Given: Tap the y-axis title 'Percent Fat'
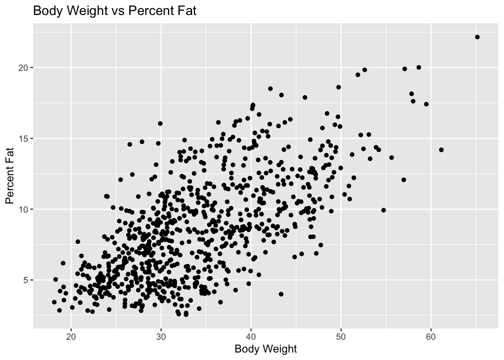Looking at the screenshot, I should coord(10,175).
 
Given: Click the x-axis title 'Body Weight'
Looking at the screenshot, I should coord(265,349).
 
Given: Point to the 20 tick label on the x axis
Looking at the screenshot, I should coord(71,335).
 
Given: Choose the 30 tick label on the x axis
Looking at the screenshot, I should coord(161,335).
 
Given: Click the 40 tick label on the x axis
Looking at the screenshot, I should coord(251,335).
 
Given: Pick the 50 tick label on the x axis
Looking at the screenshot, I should coord(341,335).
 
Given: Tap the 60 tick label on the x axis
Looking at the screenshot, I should coord(431,335).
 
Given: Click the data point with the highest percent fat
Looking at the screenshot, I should coord(477,37).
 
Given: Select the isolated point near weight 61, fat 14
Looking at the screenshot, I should coord(441,150).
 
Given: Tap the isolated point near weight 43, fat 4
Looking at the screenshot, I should coord(281,294).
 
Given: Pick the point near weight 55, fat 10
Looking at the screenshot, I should coord(383,210).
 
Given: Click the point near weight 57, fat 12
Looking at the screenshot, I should coord(403,180).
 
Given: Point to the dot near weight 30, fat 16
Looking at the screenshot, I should coord(160,123).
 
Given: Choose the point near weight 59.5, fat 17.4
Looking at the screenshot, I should coord(426,104).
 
